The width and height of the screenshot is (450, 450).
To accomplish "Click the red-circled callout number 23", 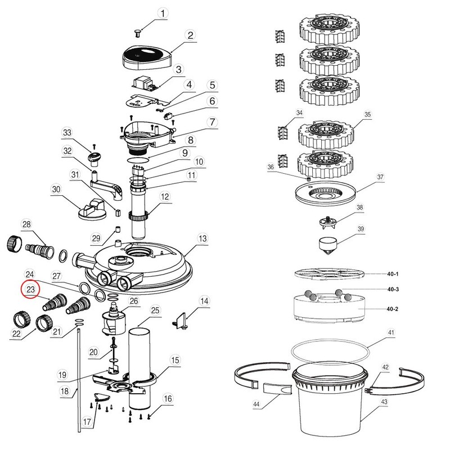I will (x=30, y=289).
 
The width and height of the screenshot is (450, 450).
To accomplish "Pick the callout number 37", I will (x=380, y=178).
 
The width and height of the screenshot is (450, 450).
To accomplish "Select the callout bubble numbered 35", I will (x=368, y=115).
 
